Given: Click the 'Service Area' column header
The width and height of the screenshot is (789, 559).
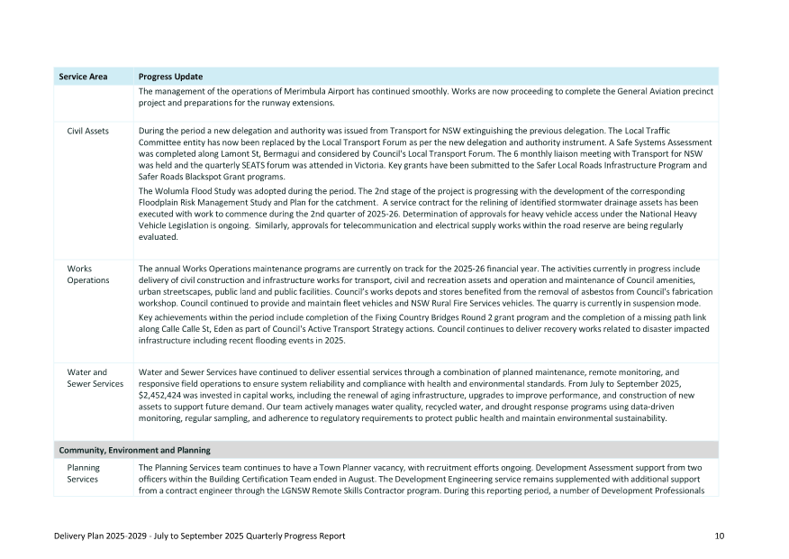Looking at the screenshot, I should click(x=84, y=77).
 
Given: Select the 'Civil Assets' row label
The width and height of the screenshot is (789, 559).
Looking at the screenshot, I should click(x=88, y=132).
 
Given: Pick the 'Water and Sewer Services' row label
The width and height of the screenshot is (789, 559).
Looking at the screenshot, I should click(x=95, y=378).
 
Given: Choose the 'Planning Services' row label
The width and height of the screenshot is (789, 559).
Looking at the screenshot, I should click(x=84, y=474).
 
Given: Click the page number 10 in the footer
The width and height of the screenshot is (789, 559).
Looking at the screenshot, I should click(x=720, y=536).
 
